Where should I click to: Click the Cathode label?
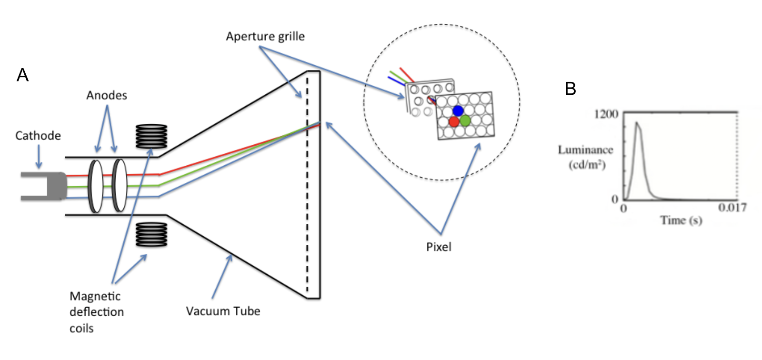(38, 136)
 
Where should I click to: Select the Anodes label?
(107, 95)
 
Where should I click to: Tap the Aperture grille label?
(265, 37)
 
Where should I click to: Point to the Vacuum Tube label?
(223, 311)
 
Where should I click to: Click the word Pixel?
(439, 247)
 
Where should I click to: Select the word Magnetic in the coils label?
(95, 296)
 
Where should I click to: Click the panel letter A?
(22, 75)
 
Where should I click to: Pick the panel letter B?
(570, 89)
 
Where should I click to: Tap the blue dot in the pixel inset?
(458, 110)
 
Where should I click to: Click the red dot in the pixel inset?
(454, 121)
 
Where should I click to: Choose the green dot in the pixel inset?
(465, 121)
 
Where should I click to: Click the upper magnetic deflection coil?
(151, 136)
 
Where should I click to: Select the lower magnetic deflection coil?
(151, 234)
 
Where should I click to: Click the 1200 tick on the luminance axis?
(606, 114)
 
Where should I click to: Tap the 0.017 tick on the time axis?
(732, 208)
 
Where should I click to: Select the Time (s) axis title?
(681, 220)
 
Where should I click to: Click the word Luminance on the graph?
(585, 150)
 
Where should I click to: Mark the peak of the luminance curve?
(636, 122)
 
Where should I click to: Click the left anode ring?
(96, 186)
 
